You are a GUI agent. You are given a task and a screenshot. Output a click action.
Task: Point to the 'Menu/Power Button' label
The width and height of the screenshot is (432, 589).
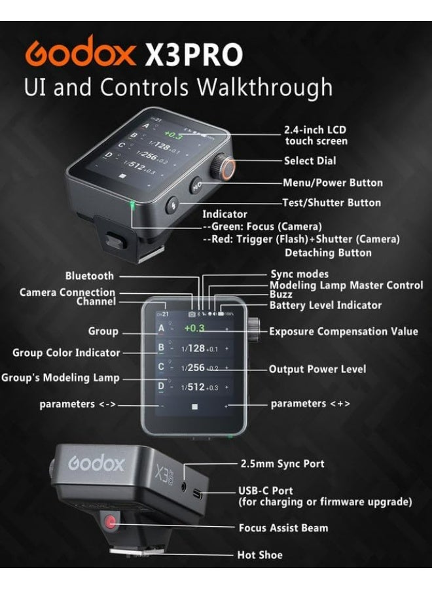333,183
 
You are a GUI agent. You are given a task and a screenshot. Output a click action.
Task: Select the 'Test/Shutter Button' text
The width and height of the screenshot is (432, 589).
331,203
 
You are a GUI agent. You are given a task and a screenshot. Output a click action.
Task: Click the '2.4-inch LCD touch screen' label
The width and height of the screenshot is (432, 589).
316,135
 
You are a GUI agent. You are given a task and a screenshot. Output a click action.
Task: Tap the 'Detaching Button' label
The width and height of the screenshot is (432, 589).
328,253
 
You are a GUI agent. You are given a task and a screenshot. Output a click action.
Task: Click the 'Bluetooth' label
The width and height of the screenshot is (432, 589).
89,276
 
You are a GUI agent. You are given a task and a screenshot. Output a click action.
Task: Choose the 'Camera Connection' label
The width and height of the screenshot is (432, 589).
67,292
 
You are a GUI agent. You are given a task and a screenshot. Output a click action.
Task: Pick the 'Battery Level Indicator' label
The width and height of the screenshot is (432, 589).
325,305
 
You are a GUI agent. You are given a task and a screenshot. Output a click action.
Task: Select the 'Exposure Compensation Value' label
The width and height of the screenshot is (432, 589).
343,331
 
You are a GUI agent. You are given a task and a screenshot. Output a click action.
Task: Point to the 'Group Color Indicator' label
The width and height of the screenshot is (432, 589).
66,353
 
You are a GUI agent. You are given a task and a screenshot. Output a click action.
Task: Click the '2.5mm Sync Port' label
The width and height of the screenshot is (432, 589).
281,464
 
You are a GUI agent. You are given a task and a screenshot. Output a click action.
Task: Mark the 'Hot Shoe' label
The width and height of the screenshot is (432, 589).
260,555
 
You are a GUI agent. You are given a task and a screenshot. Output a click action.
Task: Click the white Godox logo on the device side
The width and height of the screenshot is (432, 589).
96,465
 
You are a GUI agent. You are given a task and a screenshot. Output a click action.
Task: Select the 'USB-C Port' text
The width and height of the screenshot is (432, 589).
265,490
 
